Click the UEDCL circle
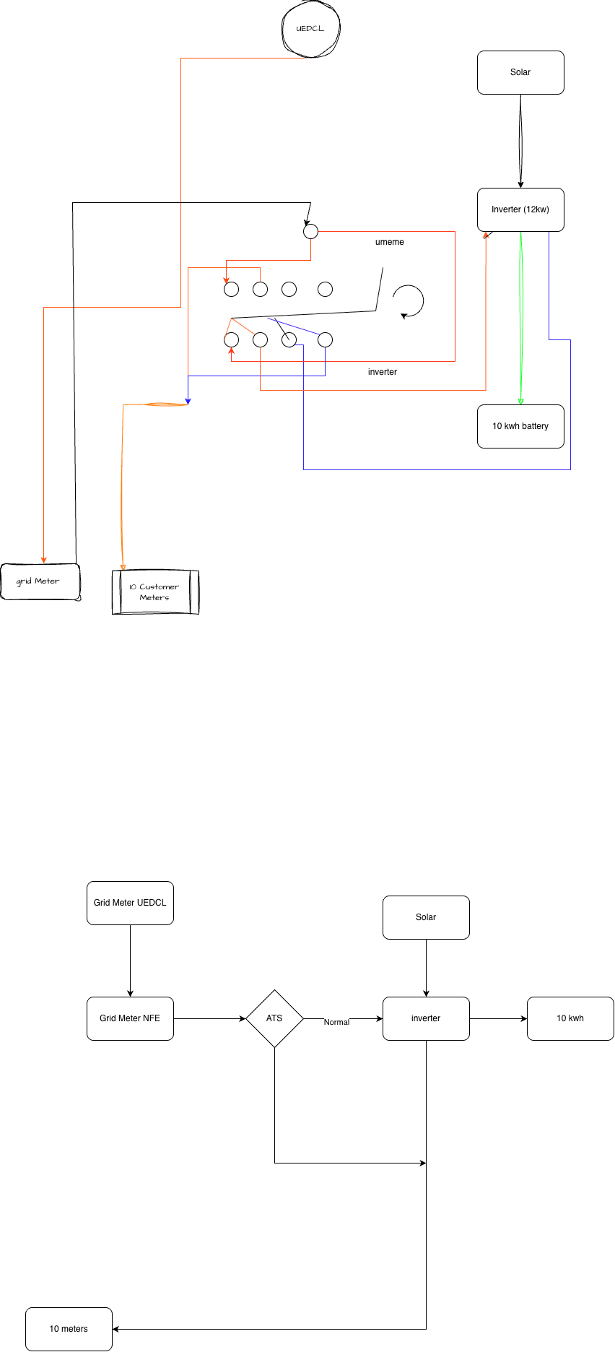click(310, 29)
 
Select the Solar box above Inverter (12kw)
click(520, 72)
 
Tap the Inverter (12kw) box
click(520, 209)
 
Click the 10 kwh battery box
click(520, 426)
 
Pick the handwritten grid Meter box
click(40, 581)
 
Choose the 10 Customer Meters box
click(154, 593)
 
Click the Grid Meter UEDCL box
click(130, 903)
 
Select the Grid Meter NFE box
click(130, 1018)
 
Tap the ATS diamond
click(274, 1018)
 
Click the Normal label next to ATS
click(336, 1022)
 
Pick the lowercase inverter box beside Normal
click(426, 1018)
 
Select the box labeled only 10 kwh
click(570, 1018)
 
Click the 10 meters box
click(69, 1329)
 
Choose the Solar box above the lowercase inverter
click(426, 917)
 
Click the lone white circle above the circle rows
click(310, 231)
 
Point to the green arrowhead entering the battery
click(520, 401)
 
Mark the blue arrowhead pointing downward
click(188, 400)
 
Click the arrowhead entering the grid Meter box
click(44, 560)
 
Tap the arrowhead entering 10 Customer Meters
click(123, 567)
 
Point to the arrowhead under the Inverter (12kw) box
click(486, 235)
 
